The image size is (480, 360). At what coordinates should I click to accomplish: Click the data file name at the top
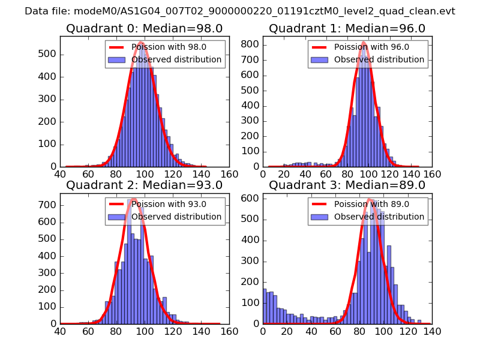(x=240, y=11)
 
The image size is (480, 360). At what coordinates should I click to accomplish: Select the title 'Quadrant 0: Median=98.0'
(x=144, y=29)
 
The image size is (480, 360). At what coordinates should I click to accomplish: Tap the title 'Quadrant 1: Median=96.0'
(x=347, y=29)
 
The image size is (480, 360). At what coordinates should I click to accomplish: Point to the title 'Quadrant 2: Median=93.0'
(x=144, y=185)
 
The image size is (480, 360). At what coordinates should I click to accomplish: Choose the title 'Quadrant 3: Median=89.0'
(x=347, y=185)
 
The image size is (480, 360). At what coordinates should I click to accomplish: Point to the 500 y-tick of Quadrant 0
(x=48, y=54)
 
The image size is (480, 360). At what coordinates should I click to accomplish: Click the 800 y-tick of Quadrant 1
(x=250, y=44)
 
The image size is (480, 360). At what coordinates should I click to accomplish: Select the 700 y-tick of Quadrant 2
(x=48, y=205)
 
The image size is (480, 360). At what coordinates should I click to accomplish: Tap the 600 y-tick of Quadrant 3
(x=250, y=198)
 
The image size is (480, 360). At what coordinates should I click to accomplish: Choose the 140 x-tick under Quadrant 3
(x=431, y=331)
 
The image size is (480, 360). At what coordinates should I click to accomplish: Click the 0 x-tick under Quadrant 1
(x=263, y=174)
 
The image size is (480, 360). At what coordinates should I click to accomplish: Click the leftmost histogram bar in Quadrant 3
(x=265, y=306)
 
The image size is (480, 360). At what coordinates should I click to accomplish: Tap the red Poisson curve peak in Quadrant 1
(x=364, y=42)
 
